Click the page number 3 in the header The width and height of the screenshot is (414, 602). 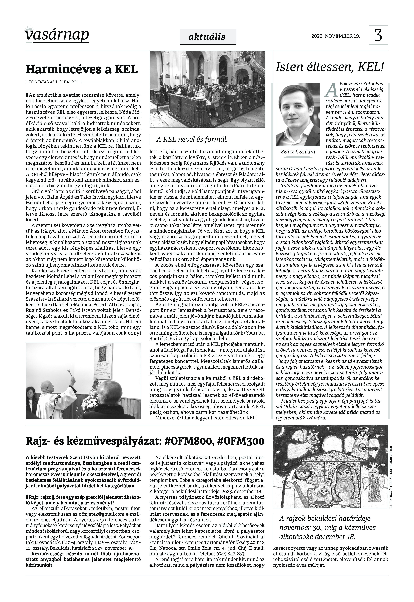pos(378,36)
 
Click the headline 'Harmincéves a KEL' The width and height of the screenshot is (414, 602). pos(82,69)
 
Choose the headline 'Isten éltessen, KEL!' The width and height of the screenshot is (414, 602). pos(329,67)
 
